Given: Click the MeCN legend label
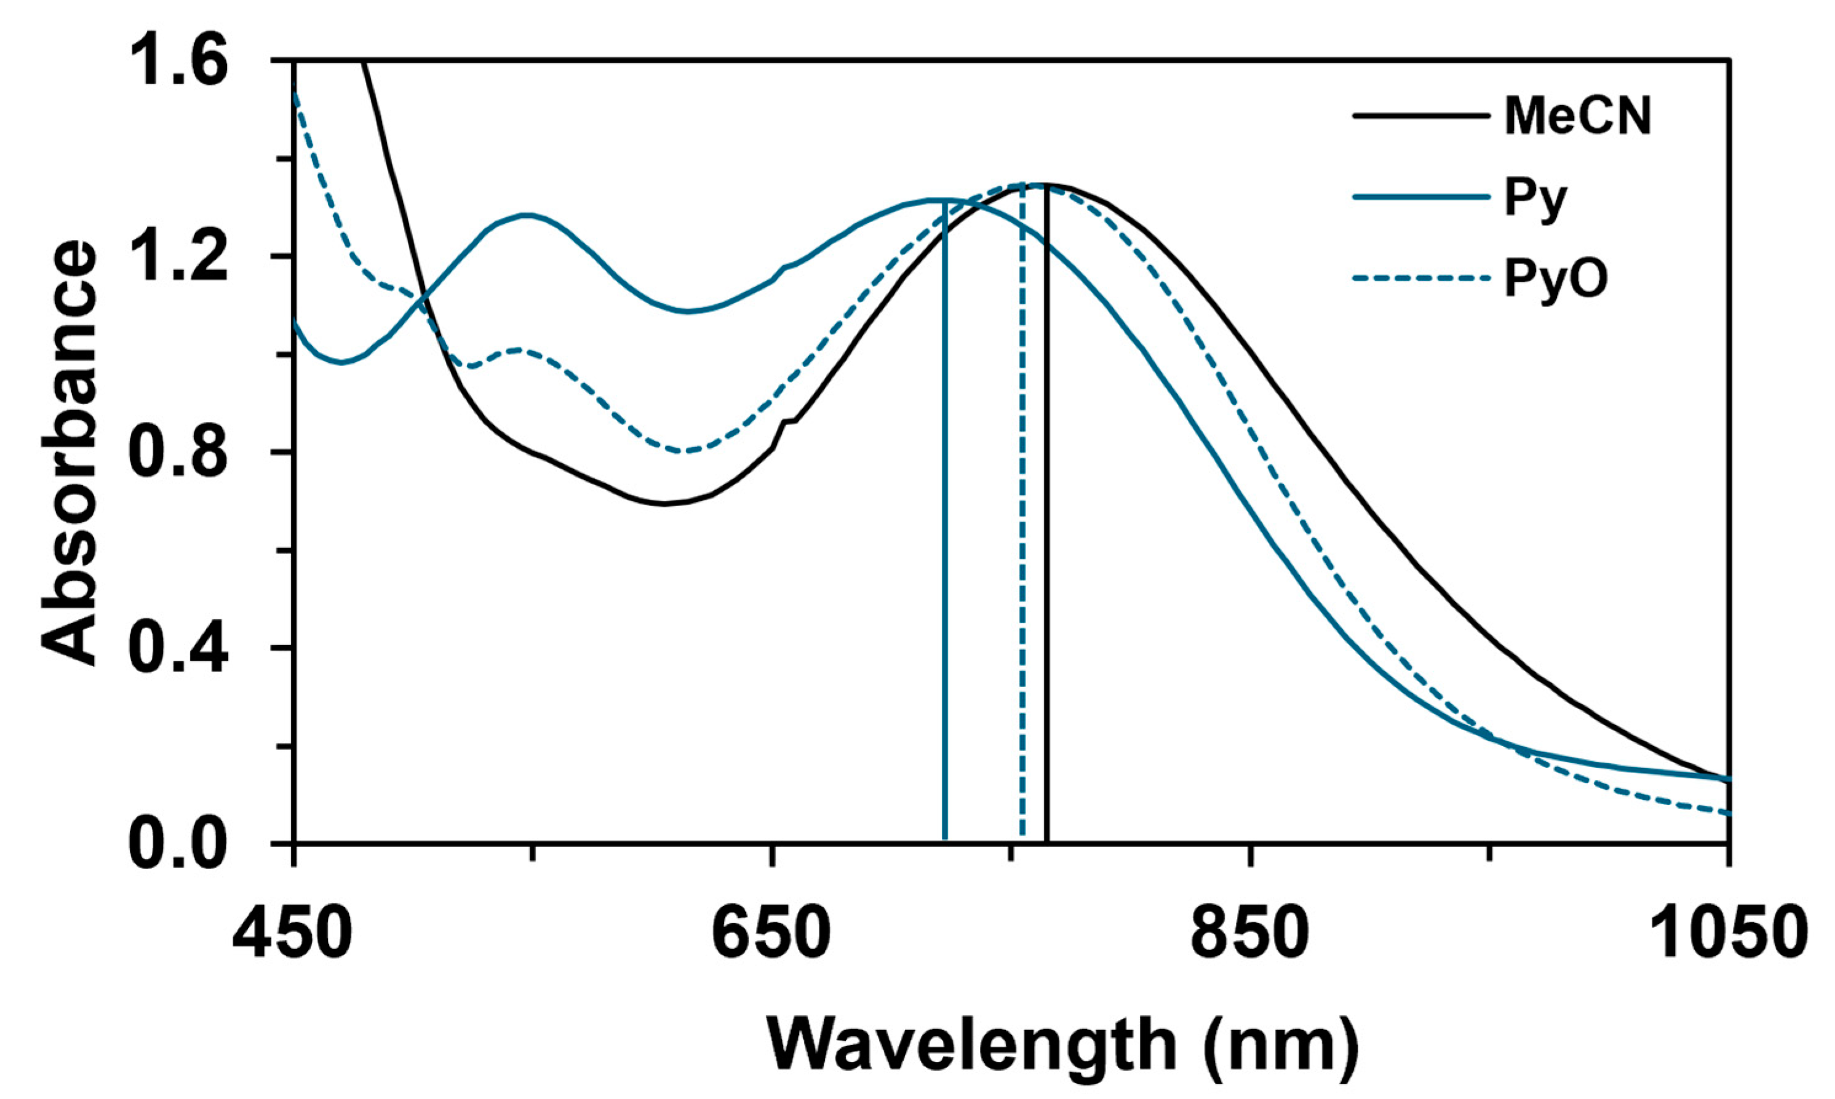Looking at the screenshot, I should (1577, 116).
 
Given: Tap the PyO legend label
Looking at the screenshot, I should (1556, 280).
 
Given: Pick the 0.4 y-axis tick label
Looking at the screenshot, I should (178, 648).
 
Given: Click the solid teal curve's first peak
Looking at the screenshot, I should (524, 215).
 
